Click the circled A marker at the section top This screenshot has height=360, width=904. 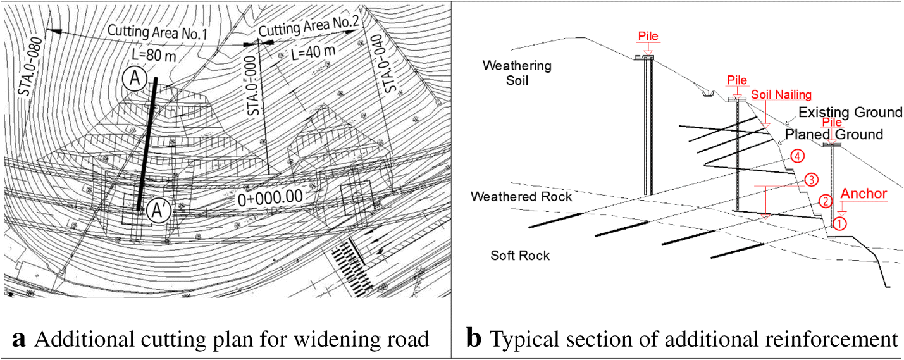(x=135, y=80)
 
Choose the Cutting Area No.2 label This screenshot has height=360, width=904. (x=309, y=30)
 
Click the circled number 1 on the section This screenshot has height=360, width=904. (x=838, y=223)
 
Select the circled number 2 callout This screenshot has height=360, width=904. (x=825, y=201)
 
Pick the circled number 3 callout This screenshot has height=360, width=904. (x=810, y=179)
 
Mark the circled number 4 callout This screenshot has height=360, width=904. (x=796, y=156)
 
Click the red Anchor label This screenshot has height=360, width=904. (x=864, y=194)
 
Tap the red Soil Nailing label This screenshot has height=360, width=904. (x=781, y=95)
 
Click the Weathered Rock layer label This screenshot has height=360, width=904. (x=521, y=197)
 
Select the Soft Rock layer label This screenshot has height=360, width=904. (x=520, y=256)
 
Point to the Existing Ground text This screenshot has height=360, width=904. (x=850, y=113)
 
